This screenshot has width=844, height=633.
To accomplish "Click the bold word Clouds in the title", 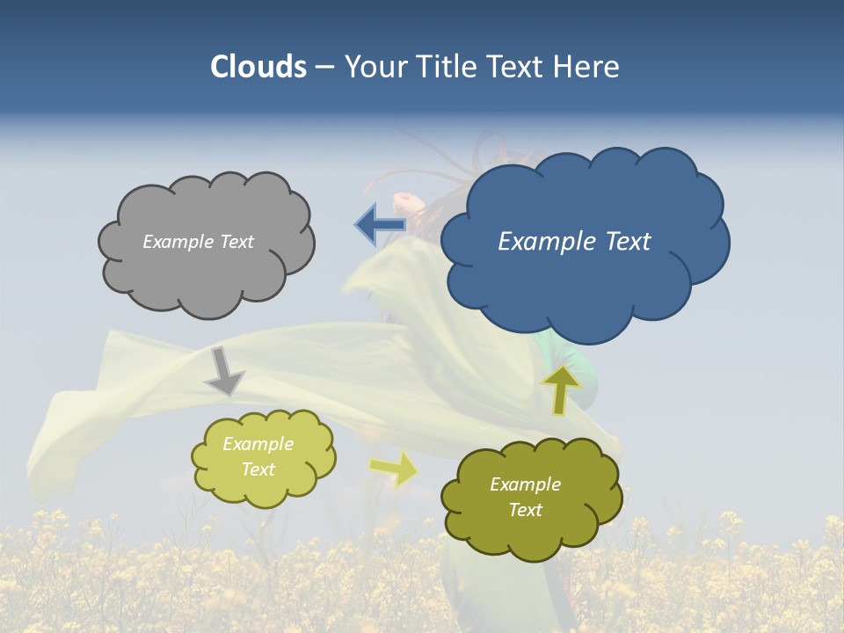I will tap(258, 67).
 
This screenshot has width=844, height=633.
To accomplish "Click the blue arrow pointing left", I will tap(381, 225).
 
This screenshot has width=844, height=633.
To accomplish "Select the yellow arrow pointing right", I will tap(393, 469).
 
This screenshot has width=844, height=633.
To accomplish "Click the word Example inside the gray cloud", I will tap(178, 242).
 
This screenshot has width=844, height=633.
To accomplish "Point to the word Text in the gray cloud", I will tap(237, 242).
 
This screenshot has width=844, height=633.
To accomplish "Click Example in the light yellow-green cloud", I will tap(258, 444).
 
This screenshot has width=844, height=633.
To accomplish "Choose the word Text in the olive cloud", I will tap(525, 510).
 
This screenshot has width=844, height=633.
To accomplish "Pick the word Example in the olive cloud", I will tap(525, 484).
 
